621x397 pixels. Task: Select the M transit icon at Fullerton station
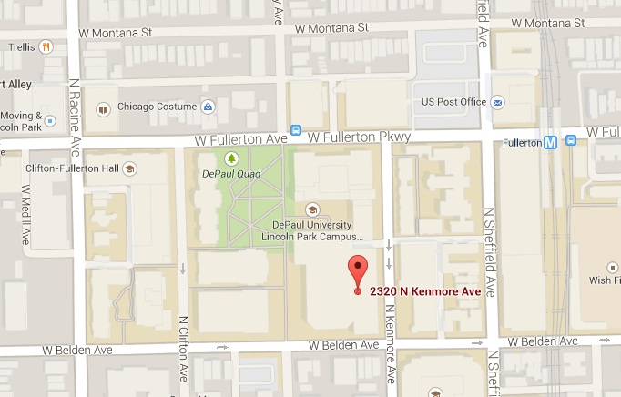550,141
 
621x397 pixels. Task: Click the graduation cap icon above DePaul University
313,209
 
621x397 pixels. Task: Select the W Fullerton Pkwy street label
361,137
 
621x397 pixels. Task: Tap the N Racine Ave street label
76,109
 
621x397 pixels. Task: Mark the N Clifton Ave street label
184,349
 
